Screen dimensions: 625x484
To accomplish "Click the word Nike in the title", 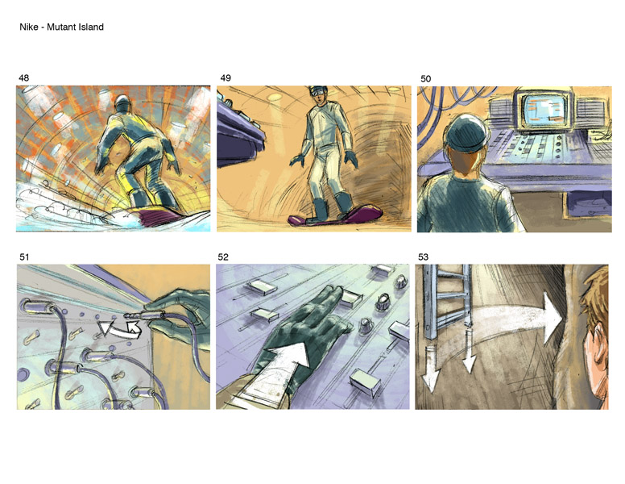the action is point(29,27).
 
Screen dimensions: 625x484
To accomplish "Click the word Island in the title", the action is point(92,27).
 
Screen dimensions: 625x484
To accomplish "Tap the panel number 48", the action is point(24,78).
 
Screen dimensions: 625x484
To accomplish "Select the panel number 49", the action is point(226,78).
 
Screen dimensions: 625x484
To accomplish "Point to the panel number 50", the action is point(426,79).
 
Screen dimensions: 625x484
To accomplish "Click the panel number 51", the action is point(24,257).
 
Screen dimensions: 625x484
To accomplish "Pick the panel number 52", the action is point(223,257).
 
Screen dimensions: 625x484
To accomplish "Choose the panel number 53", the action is point(424,257).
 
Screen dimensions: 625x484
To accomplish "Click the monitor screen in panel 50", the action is point(544,110).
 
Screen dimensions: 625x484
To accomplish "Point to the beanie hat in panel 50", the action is point(466,133).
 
